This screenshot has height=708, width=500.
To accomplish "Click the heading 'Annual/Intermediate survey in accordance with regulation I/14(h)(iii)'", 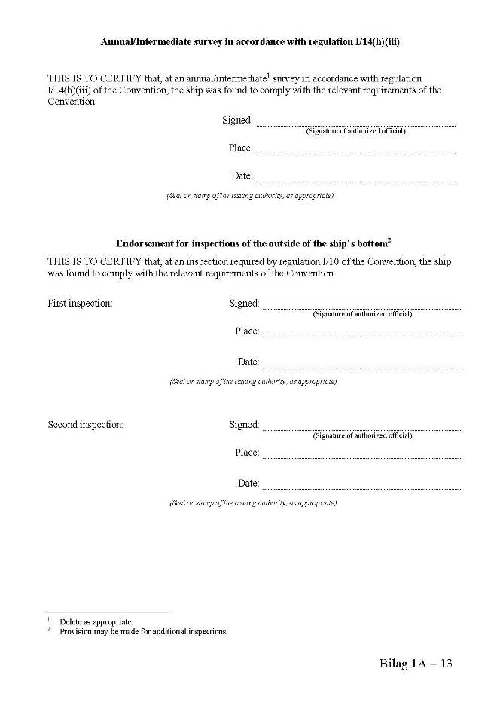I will point(250,42).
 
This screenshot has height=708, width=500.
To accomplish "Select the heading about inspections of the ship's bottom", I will point(253,243).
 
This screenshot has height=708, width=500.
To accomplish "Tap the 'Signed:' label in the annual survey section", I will point(237,120).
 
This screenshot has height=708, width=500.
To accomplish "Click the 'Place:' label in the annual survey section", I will point(240,148).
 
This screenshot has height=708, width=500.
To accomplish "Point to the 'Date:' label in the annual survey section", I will point(242,175).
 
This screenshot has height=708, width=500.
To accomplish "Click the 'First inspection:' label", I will point(80,303).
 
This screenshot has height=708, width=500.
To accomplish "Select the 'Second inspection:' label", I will point(85,424).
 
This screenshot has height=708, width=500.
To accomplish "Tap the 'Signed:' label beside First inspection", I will point(244,303).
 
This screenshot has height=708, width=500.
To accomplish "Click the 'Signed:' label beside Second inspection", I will point(244,424).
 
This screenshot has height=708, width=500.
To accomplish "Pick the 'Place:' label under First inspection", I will point(247,331).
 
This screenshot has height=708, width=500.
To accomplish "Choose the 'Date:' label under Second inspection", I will point(248,483).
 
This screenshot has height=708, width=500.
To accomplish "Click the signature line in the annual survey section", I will point(355,125).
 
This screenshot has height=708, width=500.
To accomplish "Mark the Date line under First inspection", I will point(362,368).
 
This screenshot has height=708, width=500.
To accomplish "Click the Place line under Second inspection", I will point(362,458).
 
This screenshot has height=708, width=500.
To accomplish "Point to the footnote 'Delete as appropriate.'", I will point(96,621).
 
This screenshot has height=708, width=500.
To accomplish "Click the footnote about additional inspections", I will point(143,631).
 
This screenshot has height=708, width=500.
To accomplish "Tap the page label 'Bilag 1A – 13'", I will point(415,664).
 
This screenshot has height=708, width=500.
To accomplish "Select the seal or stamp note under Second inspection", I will point(253,502).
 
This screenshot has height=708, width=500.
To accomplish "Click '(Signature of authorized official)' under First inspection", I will point(362,313).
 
